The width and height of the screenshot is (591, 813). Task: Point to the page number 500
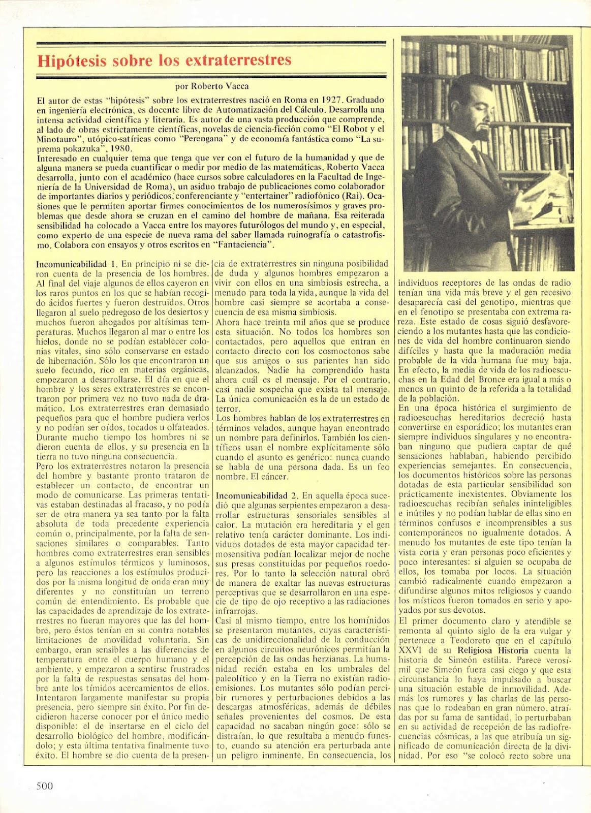tap(45, 786)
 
